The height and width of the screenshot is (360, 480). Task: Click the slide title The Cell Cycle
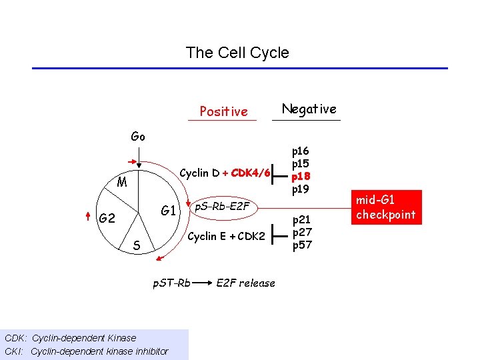point(237,53)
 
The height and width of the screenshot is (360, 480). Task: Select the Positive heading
point(223,111)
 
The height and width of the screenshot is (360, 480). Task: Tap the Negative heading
point(309,109)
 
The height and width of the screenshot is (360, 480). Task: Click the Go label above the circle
point(138,137)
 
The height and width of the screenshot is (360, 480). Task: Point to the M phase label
point(122,182)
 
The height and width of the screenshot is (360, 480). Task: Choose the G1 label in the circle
point(168,211)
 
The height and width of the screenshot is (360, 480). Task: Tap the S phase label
point(136,246)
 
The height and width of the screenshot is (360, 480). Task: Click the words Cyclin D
point(200,173)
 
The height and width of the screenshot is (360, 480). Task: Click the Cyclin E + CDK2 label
point(227,236)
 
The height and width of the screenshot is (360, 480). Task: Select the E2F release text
point(245,283)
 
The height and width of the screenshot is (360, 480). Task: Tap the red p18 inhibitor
point(301,176)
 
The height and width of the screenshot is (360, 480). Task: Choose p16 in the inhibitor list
point(301,152)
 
